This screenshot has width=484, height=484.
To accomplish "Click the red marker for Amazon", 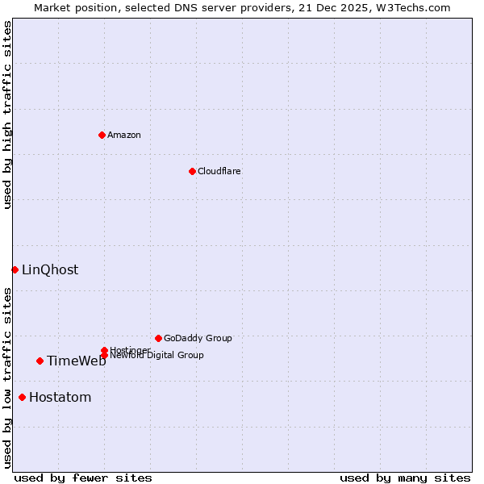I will click(x=102, y=135).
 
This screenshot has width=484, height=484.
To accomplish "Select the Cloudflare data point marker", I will click(x=192, y=171).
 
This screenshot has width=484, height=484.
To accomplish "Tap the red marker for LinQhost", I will click(x=15, y=269).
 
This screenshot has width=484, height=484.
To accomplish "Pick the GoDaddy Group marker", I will click(x=158, y=338).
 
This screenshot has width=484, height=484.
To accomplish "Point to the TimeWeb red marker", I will click(x=40, y=361).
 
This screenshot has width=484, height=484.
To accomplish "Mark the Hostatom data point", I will click(x=22, y=397).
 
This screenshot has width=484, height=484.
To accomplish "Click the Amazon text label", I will click(x=124, y=135).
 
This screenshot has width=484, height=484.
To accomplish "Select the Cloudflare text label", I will click(x=219, y=171).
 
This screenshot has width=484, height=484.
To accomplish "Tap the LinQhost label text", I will click(x=50, y=269).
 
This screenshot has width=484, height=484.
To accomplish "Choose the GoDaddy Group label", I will click(x=198, y=338).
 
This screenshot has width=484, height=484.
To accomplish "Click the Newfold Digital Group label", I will click(x=157, y=356).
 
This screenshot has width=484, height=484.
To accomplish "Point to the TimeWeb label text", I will click(x=76, y=361).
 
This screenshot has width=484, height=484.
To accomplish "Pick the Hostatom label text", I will click(x=60, y=397).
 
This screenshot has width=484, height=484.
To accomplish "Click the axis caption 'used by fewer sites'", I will click(x=83, y=478).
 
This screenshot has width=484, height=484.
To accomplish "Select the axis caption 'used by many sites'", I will click(x=405, y=478).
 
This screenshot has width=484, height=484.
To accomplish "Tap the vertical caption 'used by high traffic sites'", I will click(x=7, y=115).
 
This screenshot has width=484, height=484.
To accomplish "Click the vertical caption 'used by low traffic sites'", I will click(x=7, y=378).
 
